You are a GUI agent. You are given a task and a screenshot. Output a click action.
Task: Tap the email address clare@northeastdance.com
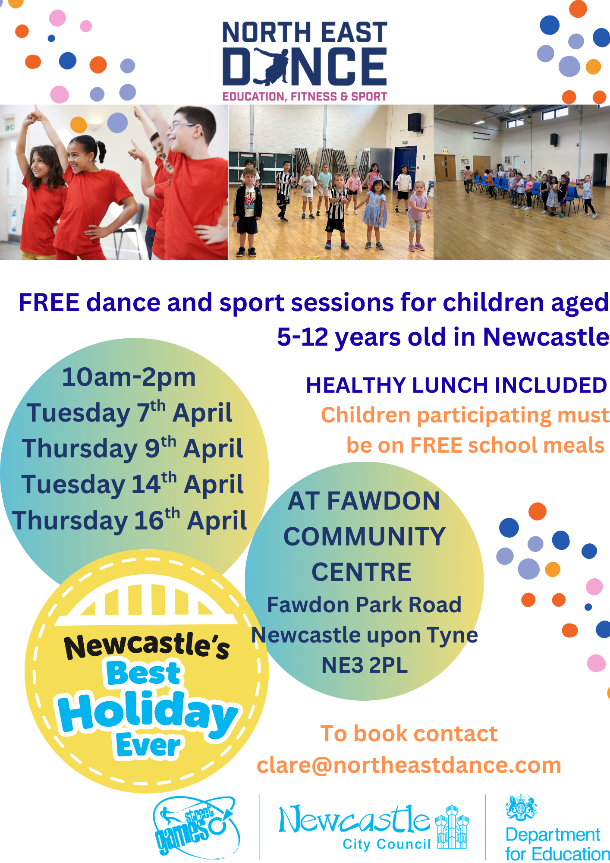(409, 765)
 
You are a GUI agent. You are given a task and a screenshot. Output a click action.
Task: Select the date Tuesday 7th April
(129, 413)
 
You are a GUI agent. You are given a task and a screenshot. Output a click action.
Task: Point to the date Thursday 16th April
(129, 520)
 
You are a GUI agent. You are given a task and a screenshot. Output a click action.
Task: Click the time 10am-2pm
(129, 377)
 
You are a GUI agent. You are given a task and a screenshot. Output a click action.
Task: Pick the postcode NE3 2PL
(365, 665)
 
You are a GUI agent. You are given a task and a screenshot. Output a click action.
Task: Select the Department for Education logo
(554, 828)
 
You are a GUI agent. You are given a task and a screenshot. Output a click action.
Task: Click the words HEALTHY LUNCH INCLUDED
(456, 385)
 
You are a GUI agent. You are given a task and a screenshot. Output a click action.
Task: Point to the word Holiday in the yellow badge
(147, 712)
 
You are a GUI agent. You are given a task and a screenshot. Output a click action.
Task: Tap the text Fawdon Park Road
(364, 605)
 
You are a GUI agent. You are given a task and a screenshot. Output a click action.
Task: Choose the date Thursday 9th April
(132, 448)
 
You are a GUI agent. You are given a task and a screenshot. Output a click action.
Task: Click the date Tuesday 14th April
(132, 484)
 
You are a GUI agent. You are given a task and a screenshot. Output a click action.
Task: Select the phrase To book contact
(409, 734)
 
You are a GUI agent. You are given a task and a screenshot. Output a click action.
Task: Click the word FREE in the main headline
(49, 302)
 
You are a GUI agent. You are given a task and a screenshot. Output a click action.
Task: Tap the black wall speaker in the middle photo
(414, 122)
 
